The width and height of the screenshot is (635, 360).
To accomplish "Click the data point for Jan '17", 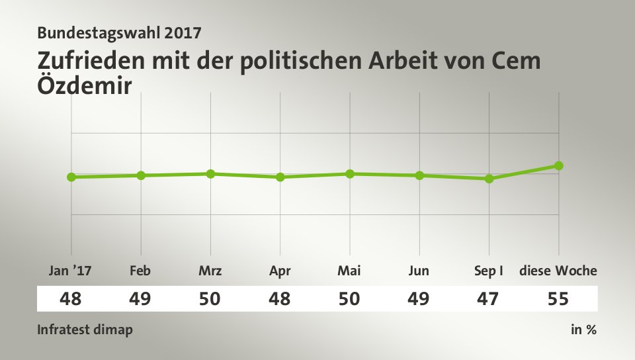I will tap(71, 177).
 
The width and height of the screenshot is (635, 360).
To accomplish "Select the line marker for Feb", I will tap(141, 175).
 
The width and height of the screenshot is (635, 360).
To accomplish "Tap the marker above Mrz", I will tap(210, 173).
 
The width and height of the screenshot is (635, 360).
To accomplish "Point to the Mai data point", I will tap(350, 173).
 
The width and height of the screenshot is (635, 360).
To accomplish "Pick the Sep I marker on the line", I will tap(489, 179).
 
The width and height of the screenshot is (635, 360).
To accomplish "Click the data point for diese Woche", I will tap(559, 165).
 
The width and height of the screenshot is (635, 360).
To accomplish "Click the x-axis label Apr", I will tap(280, 271).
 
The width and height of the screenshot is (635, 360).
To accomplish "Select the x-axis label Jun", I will tap(419, 271).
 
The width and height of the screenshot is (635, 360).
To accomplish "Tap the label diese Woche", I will tap(558, 271).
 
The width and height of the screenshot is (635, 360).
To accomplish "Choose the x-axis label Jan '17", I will tap(71, 271).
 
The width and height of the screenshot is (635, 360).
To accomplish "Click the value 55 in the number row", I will tap(558, 299).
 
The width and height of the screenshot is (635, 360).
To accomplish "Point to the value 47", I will tap(489, 299).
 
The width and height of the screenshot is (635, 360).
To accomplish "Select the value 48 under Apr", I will tap(280, 299).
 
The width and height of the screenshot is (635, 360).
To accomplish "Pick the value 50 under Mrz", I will tap(210, 299).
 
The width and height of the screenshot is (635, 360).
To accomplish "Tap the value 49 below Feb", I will tap(141, 299).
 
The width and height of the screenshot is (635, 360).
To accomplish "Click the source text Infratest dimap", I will tap(85, 330).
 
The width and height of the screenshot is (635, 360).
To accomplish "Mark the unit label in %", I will tap(583, 330).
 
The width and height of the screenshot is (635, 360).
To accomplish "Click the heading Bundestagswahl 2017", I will tap(119, 32).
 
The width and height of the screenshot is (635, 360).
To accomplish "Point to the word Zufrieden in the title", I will tap(92, 61).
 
